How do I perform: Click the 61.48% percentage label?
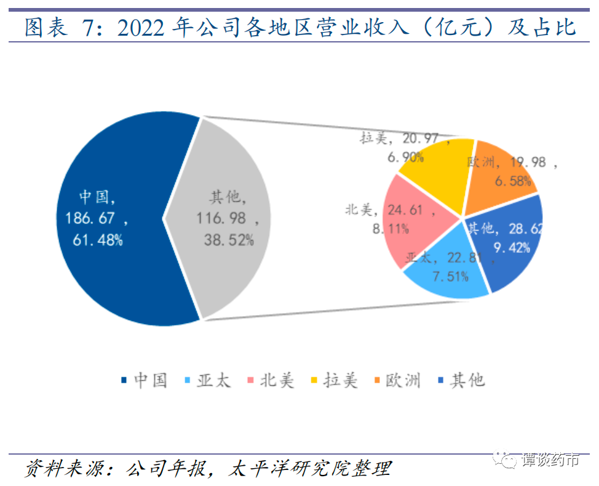[97, 240]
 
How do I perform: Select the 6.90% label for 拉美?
[405, 157]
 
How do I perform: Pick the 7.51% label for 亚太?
[450, 276]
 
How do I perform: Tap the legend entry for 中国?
[145, 380]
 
